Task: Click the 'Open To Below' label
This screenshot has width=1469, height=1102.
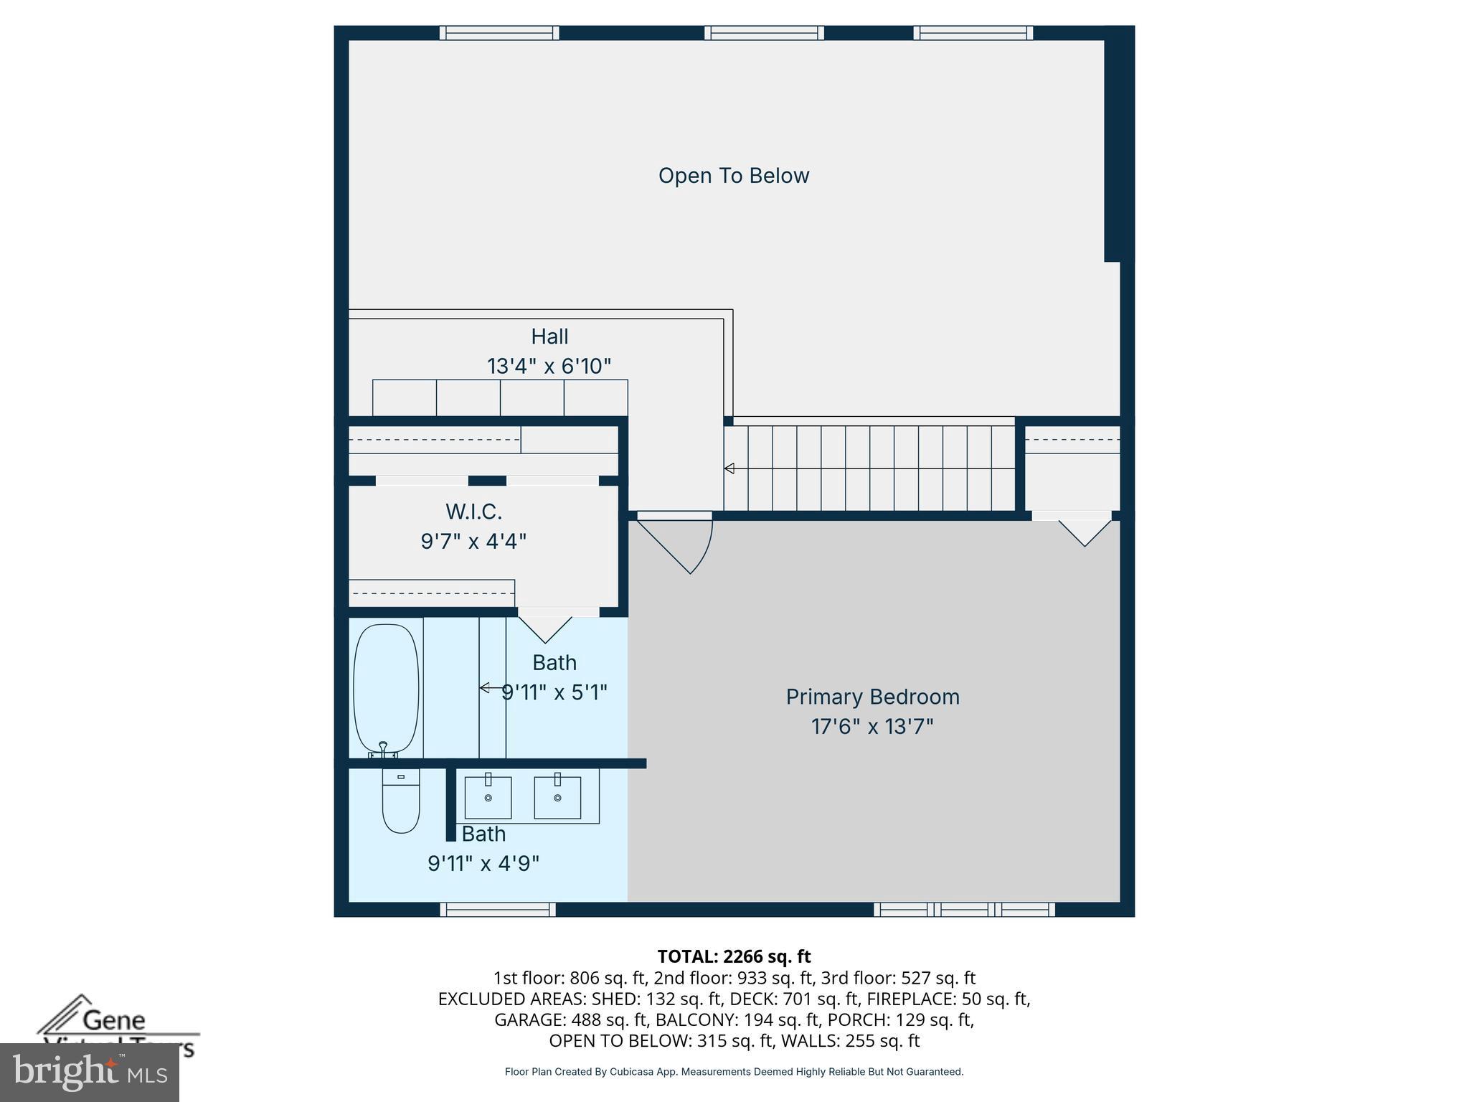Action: pyautogui.click(x=733, y=176)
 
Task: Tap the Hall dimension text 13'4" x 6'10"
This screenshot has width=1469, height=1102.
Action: pyautogui.click(x=549, y=367)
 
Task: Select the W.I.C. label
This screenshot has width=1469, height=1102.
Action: pyautogui.click(x=473, y=512)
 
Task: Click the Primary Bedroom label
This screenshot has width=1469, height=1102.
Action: pyautogui.click(x=872, y=697)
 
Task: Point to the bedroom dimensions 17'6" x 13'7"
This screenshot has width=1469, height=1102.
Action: pyautogui.click(x=872, y=727)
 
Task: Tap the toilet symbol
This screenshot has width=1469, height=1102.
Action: pyautogui.click(x=400, y=801)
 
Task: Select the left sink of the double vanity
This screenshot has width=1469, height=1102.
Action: pyautogui.click(x=488, y=797)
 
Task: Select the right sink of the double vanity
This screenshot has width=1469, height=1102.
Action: pyautogui.click(x=557, y=797)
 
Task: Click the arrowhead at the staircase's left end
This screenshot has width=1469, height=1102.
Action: pyautogui.click(x=729, y=468)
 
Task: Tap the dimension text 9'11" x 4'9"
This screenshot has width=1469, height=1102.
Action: pyautogui.click(x=483, y=863)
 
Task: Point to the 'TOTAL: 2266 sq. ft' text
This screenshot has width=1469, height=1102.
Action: pyautogui.click(x=734, y=956)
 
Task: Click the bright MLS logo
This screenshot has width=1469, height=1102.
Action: pyautogui.click(x=89, y=1072)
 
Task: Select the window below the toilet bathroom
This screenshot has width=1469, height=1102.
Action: pyautogui.click(x=498, y=910)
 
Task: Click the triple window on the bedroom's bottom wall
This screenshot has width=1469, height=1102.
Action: pyautogui.click(x=964, y=910)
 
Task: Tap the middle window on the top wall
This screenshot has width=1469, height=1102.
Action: pyautogui.click(x=764, y=33)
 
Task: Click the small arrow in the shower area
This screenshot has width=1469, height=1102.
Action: pyautogui.click(x=486, y=688)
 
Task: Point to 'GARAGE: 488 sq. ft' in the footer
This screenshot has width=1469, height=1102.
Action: pyautogui.click(x=568, y=1019)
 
